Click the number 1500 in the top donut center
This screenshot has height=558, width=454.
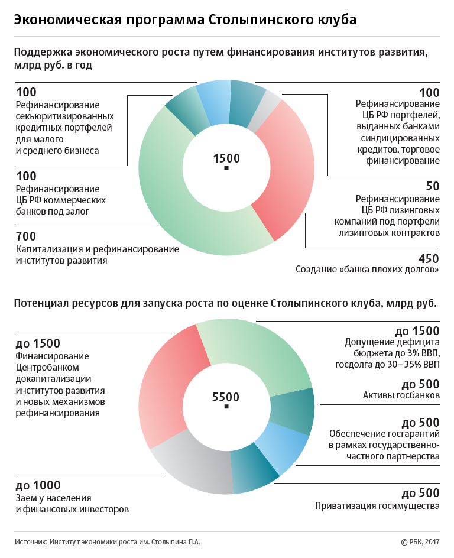point(226,158)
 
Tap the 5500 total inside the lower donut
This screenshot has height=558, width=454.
point(225,397)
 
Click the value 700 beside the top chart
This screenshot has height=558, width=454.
point(25,236)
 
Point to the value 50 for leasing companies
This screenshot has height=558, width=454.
point(433,186)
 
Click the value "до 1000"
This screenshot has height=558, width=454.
point(38,485)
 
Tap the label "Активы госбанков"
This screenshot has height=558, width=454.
point(401,395)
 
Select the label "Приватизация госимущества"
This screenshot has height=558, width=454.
point(377,506)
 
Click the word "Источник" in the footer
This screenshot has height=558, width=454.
point(30,541)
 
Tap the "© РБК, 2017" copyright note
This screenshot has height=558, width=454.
point(420,541)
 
